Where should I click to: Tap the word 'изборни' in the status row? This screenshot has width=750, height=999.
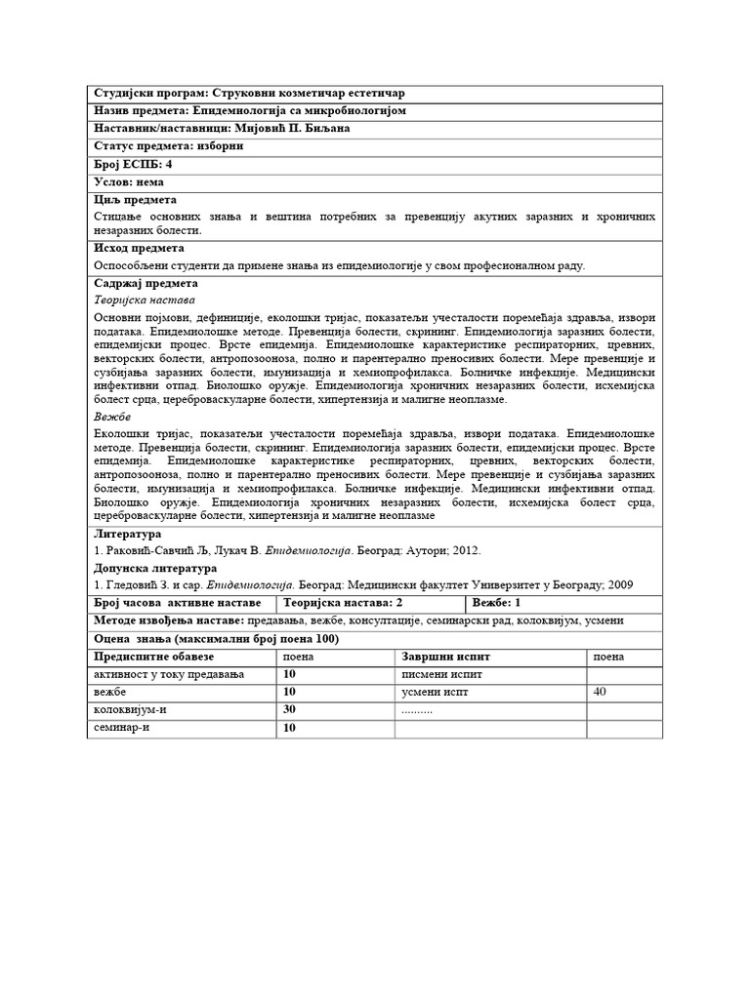pos(216,145)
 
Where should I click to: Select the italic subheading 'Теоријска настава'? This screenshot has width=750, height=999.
pos(145,300)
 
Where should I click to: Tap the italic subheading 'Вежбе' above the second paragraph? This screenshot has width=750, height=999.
pos(112,417)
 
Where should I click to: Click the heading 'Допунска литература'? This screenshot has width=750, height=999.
pos(155,568)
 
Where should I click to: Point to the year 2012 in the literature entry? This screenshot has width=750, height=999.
pos(465,550)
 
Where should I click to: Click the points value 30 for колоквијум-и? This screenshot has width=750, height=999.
pos(290,709)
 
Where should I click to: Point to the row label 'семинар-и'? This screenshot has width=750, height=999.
pos(123,727)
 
